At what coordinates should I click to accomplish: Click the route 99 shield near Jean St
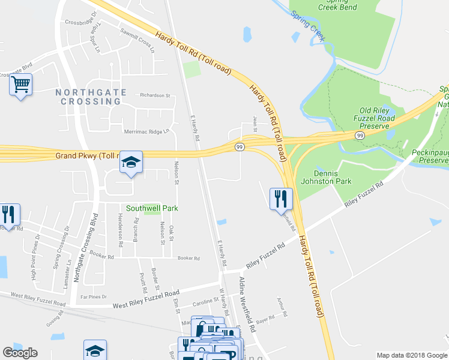tap(240, 147)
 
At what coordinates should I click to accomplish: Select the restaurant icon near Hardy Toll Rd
tap(281, 198)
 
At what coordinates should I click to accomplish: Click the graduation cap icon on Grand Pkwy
tap(131, 162)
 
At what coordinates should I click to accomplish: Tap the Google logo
tap(20, 353)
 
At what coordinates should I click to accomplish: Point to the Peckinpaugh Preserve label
tap(427, 157)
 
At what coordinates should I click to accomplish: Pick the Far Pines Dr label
tap(94, 296)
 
